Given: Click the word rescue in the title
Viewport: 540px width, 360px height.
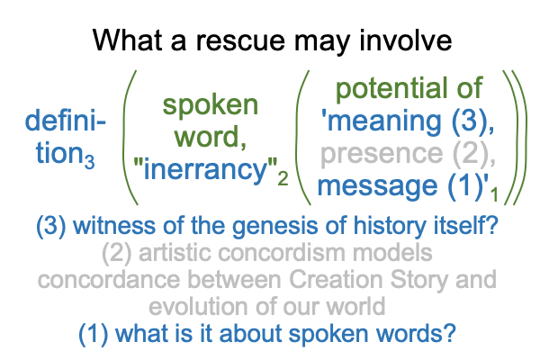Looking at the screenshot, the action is tap(240, 40).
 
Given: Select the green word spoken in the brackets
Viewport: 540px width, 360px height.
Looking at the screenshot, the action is tap(210, 105).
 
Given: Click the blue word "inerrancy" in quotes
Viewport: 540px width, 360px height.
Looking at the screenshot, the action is tap(205, 169).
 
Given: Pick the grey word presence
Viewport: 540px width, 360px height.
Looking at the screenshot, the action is tap(382, 154).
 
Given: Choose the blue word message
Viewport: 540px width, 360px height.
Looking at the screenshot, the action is tap(377, 186).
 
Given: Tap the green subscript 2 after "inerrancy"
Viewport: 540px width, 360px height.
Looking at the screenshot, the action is tap(283, 179).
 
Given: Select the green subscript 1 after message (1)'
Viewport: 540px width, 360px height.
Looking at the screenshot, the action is tap(494, 194).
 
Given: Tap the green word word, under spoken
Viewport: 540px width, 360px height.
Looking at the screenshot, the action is tap(211, 138).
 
